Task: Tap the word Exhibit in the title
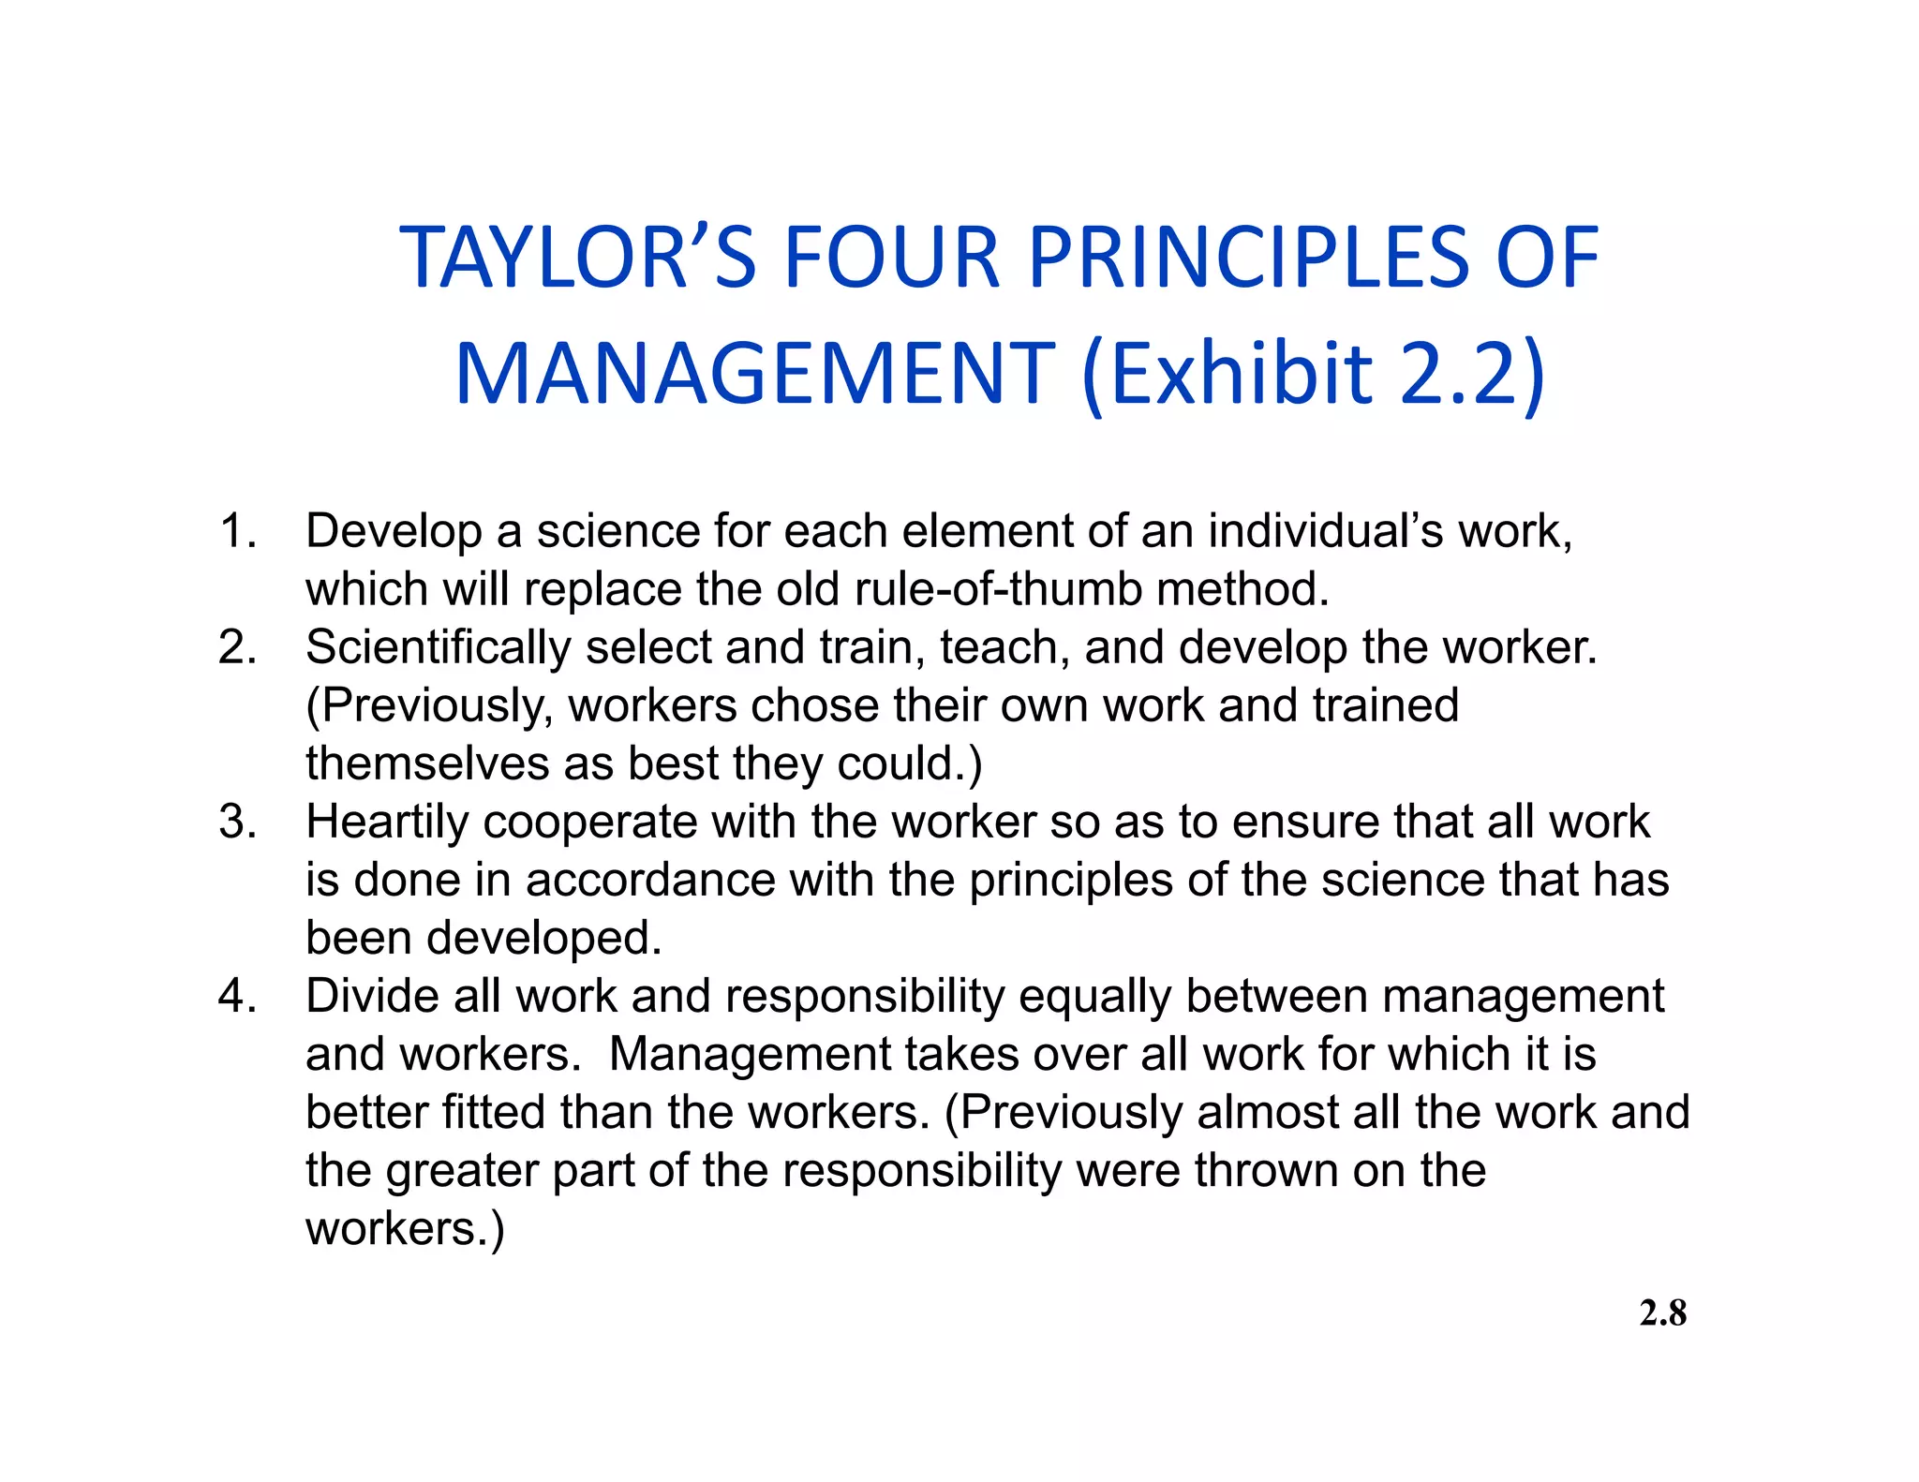tap(1227, 374)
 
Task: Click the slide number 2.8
tap(1662, 1313)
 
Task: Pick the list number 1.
tap(237, 531)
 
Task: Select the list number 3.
tap(237, 822)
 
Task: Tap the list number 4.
tap(237, 996)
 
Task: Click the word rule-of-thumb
tap(998, 589)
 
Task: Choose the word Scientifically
tap(438, 648)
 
